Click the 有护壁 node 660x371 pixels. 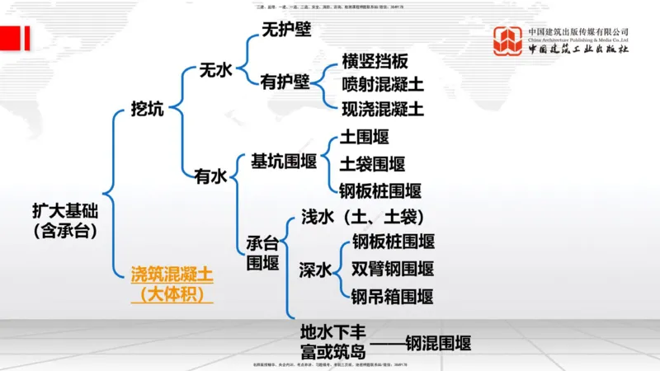285,82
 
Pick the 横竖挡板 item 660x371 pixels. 375,62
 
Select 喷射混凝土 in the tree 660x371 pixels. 383,85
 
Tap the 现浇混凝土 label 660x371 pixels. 383,108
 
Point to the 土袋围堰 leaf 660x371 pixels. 372,163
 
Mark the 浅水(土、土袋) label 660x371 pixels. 361,217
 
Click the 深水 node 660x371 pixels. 315,269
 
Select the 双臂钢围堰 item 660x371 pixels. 393,269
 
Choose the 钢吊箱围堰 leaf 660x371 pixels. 392,296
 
